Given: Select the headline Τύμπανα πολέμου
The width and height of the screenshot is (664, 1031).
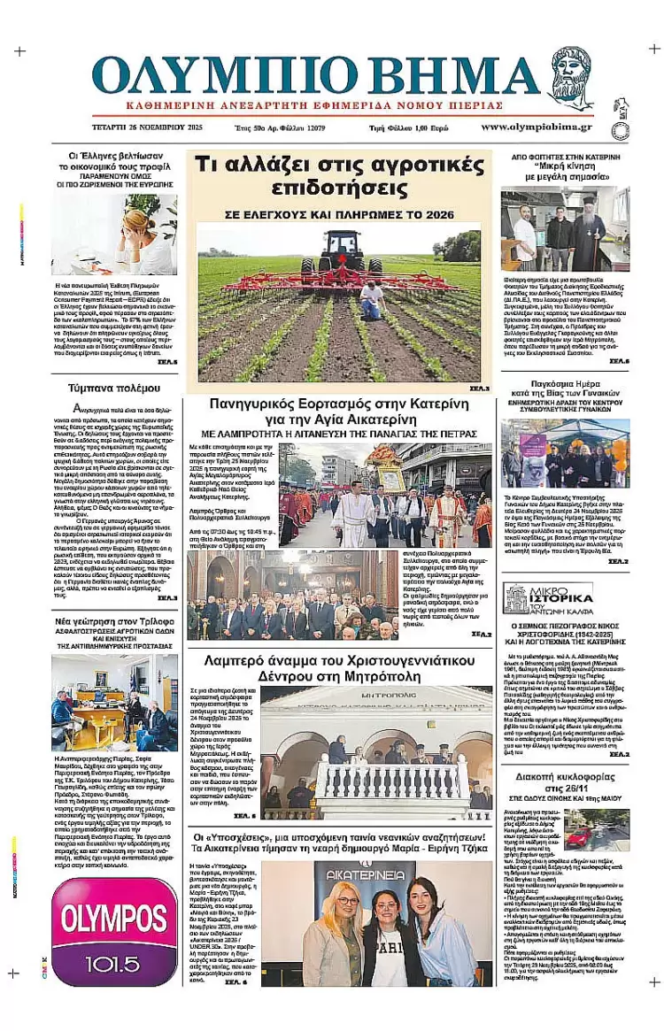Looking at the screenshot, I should [x=114, y=388].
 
